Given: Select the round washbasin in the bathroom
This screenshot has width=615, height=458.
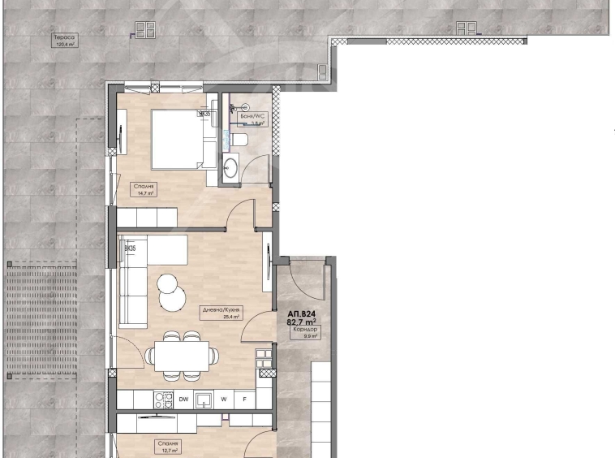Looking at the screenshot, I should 230,168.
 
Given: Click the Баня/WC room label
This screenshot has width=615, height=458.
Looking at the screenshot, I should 252,119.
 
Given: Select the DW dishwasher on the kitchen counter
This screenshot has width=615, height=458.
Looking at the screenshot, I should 183,400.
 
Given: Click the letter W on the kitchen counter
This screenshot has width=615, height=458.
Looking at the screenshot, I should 225,400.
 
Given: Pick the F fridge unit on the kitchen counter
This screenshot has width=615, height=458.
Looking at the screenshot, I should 244,400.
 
